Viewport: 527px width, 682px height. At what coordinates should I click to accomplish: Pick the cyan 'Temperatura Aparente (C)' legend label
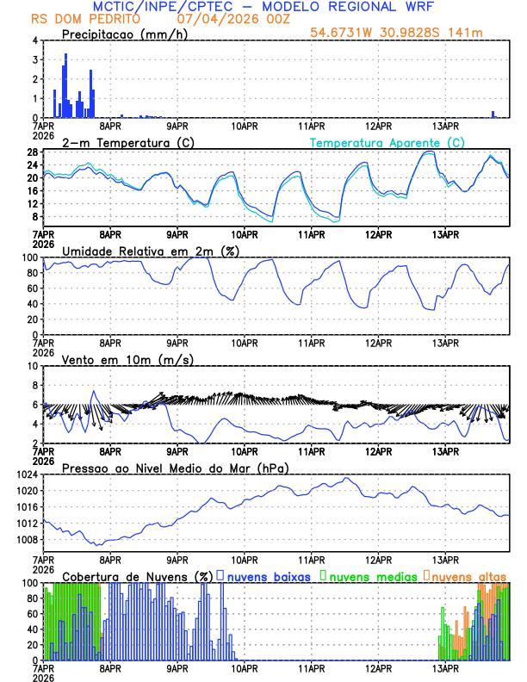pos(387,142)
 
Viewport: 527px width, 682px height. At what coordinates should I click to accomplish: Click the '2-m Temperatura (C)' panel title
pos(124,142)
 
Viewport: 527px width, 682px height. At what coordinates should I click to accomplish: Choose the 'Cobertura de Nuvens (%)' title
pos(137,575)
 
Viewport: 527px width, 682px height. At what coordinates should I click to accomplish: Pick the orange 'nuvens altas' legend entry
pos(468,575)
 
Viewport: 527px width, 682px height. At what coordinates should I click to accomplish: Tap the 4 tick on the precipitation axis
pos(34,40)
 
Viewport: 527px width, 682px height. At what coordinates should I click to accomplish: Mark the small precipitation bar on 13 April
pos(493,114)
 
